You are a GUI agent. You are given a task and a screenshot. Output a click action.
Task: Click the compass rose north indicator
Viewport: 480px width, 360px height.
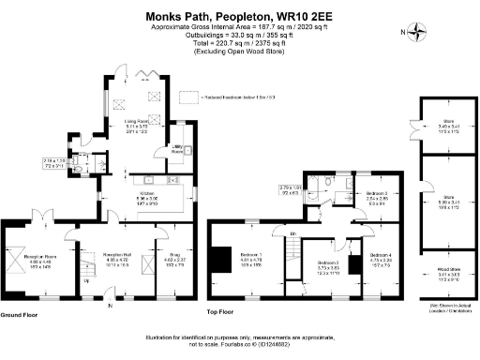pyautogui.click(x=409, y=33)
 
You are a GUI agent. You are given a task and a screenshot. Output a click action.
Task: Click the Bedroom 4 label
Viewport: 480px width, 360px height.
pyautogui.click(x=380, y=254)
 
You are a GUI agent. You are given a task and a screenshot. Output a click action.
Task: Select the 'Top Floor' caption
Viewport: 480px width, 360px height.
pyautogui.click(x=219, y=311)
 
